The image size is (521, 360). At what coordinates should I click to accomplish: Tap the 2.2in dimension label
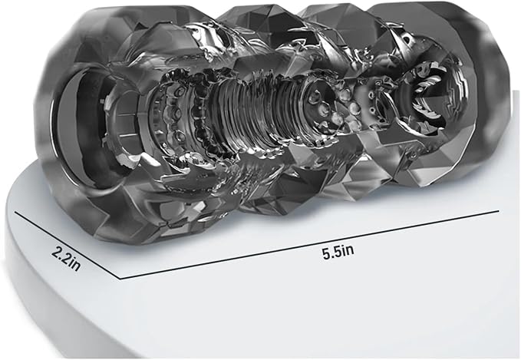66,259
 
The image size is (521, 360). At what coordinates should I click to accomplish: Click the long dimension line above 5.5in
308,244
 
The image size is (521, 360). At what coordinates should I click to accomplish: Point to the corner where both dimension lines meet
119,279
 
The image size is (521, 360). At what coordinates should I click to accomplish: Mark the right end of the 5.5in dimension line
499,210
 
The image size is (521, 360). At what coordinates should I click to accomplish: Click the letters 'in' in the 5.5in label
347,251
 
